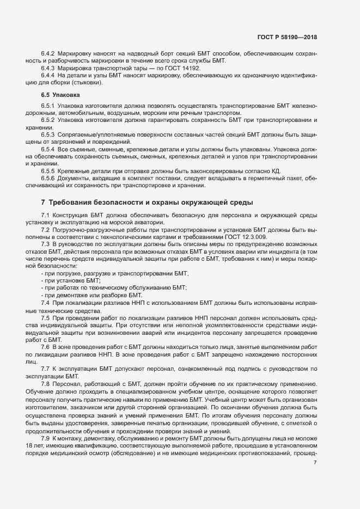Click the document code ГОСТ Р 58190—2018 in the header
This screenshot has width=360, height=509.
(286, 37)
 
